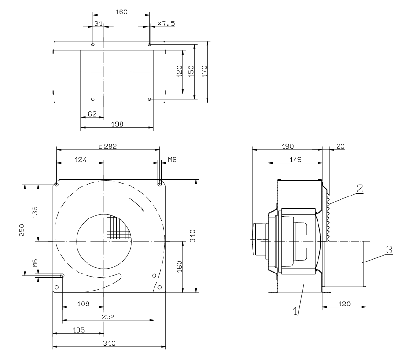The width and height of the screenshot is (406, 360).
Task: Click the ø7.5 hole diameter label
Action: [166, 23]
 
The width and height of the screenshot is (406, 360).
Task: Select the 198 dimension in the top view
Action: [117, 124]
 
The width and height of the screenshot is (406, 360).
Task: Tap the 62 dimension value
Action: [92, 114]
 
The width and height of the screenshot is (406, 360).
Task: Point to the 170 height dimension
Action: [205, 71]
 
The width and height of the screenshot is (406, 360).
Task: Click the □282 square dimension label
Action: [108, 146]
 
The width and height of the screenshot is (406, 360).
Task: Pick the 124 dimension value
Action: [80, 160]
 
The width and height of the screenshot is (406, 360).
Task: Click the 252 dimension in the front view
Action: [108, 317]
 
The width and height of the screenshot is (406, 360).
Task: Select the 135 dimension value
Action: [79, 330]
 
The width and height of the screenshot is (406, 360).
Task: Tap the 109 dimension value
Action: [83, 304]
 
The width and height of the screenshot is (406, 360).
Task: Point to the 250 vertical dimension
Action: [22, 230]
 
